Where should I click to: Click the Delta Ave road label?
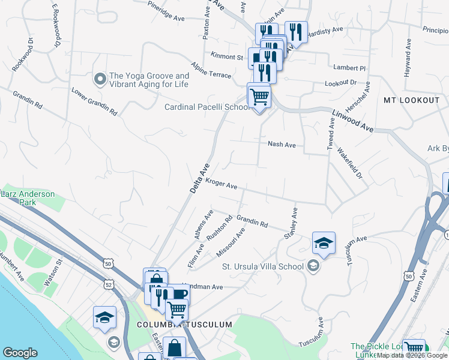tap(200, 178)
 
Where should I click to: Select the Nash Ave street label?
tap(282, 145)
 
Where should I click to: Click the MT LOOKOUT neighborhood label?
tap(411, 100)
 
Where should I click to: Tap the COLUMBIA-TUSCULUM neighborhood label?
tap(184, 325)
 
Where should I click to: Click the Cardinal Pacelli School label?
tap(207, 107)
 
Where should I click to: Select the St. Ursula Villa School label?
tap(263, 266)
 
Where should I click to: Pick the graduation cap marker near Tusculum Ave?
tap(324, 244)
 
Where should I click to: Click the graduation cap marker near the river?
tap(104, 318)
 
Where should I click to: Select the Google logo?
tap(20, 353)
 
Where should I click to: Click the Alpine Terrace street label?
tap(211, 70)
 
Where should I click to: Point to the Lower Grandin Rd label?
tap(94, 103)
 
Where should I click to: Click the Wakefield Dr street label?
tap(350, 164)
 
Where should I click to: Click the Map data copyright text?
tap(412, 355)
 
